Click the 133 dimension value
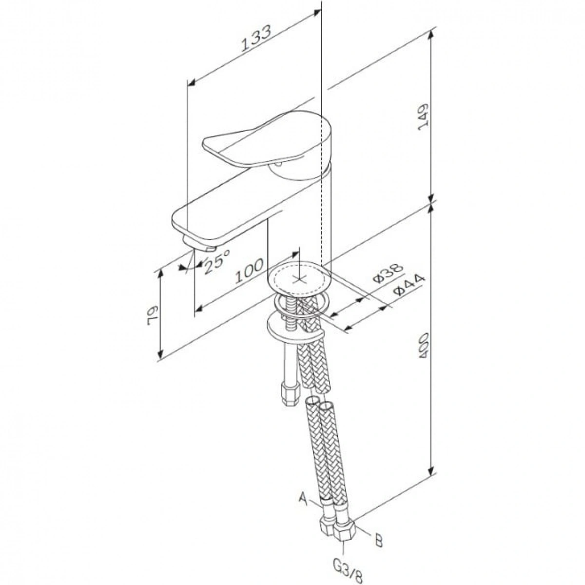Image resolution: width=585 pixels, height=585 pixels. coord(255,38)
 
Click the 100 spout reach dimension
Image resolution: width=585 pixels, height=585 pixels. coord(249,271)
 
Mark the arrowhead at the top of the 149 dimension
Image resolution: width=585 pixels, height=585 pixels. coord(430,36)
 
